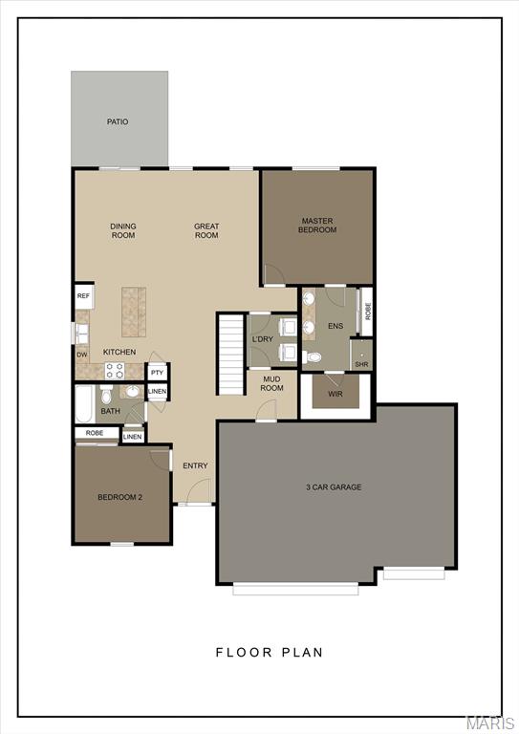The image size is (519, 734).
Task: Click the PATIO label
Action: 118,121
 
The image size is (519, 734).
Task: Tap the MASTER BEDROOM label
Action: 317,226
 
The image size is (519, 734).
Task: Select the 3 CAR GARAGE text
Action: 333,487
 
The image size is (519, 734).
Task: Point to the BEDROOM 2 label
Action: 120,497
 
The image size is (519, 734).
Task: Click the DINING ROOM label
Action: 123,230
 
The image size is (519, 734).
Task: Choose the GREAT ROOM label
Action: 206,230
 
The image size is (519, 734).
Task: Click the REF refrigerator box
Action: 83,296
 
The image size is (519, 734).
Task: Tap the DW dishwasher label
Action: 82,355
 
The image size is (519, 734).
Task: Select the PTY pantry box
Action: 158,372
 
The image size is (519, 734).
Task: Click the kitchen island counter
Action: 133,312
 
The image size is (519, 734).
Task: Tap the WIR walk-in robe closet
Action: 335,393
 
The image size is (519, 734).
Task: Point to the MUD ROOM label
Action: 272,383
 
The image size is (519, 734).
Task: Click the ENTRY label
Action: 195,465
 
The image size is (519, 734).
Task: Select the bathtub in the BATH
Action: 85,404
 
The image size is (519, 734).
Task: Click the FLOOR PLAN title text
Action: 269,653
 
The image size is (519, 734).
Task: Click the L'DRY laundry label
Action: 262,340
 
